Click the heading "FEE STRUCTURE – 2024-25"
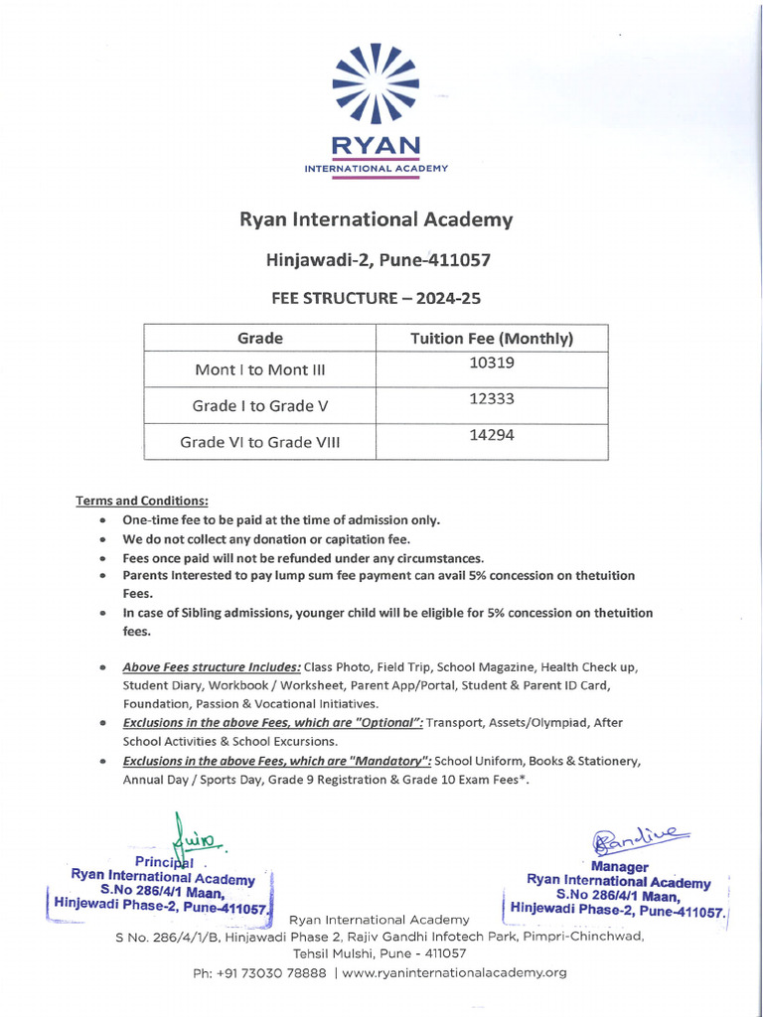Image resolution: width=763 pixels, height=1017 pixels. click(377, 297)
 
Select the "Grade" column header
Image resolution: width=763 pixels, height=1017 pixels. click(259, 339)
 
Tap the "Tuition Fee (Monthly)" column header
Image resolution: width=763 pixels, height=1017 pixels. click(492, 339)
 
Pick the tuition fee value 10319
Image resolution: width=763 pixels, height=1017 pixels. click(492, 363)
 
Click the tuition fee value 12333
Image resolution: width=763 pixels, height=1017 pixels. click(492, 399)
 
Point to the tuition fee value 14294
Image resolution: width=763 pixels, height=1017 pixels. click(492, 435)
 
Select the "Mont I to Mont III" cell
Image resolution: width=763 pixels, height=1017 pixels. click(259, 369)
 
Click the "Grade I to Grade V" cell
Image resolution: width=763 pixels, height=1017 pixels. click(259, 405)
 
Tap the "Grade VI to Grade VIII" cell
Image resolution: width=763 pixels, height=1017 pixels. click(259, 442)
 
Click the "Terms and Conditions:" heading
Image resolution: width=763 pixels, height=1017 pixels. click(142, 501)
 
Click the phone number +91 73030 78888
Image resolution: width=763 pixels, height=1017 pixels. click(259, 972)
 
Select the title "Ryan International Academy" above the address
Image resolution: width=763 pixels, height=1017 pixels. click(377, 219)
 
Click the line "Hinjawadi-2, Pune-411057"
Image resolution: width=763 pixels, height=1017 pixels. click(377, 260)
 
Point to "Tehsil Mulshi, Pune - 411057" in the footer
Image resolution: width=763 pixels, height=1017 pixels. click(380, 953)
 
